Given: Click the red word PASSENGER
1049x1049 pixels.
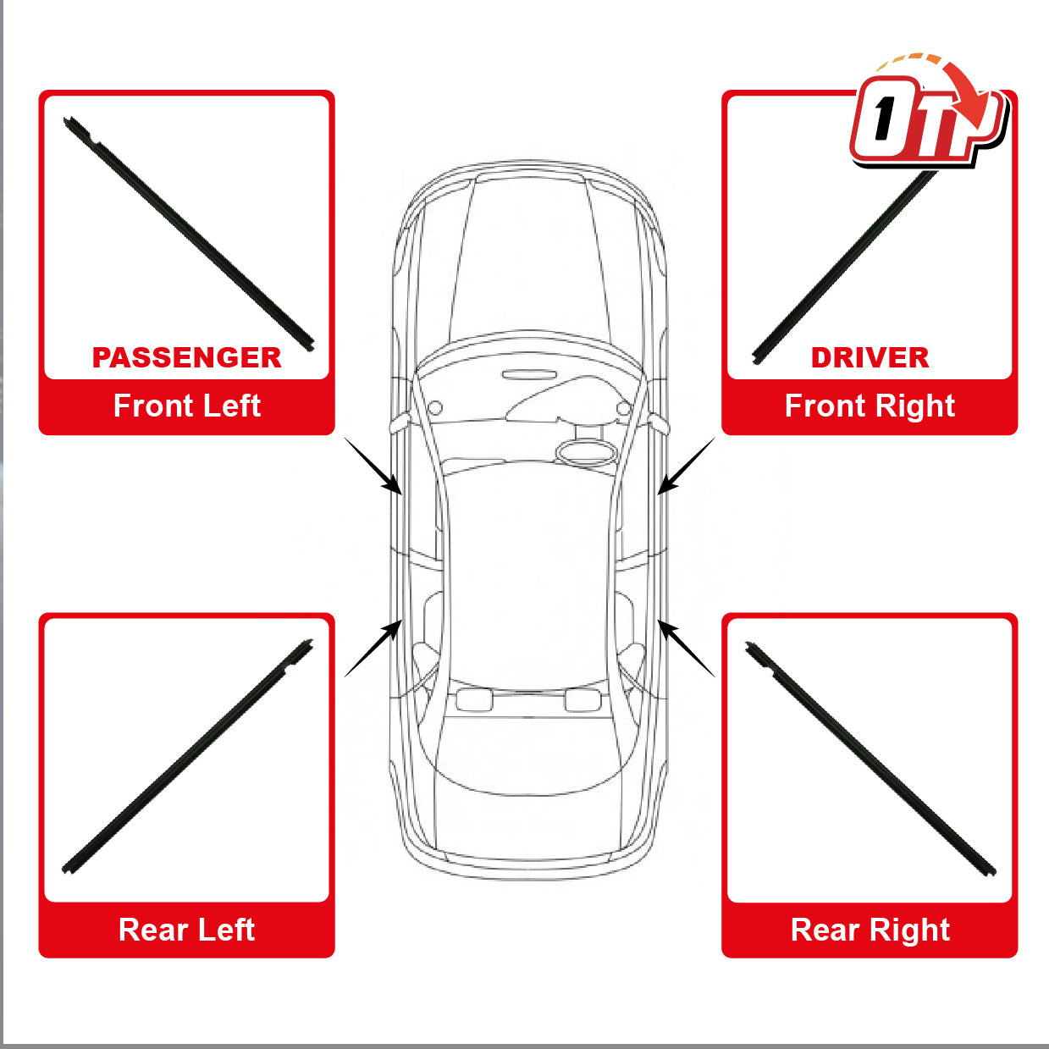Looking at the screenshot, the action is (x=187, y=357).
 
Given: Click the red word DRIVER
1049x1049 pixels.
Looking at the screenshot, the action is (x=870, y=357).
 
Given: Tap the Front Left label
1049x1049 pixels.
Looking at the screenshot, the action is (x=187, y=406).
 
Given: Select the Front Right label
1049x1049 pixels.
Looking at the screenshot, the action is (x=870, y=406).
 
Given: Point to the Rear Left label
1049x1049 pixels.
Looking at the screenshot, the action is (x=187, y=930).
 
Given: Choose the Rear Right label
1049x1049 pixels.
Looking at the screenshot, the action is (x=870, y=930).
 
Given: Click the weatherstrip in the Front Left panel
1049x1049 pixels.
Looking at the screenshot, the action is (x=188, y=234).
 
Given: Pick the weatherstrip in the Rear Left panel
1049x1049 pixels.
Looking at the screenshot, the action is (x=187, y=757).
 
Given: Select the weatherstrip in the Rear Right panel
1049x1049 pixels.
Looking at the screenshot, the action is (x=870, y=759).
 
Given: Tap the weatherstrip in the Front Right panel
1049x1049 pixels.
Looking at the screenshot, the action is (x=844, y=267).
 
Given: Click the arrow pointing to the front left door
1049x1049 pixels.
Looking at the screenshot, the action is (x=373, y=466).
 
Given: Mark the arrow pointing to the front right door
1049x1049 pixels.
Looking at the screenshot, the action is (x=685, y=466).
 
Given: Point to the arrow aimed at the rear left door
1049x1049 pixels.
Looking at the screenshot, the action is (x=373, y=649).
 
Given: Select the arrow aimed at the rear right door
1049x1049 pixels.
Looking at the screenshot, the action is (x=685, y=649).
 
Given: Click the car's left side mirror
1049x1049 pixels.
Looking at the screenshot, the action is (x=401, y=425).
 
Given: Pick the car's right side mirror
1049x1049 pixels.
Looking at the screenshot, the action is (x=658, y=425).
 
